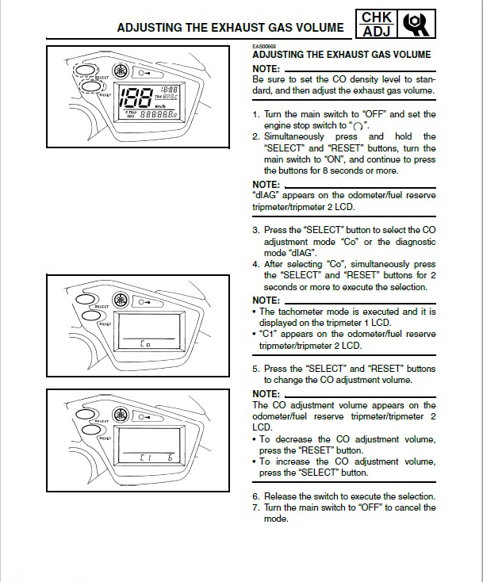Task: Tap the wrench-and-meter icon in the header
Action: (418, 25)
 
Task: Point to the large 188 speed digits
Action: (133, 98)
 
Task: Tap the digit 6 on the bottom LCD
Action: (170, 458)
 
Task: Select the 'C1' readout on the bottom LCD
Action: (145, 458)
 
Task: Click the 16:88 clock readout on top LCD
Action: (169, 90)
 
